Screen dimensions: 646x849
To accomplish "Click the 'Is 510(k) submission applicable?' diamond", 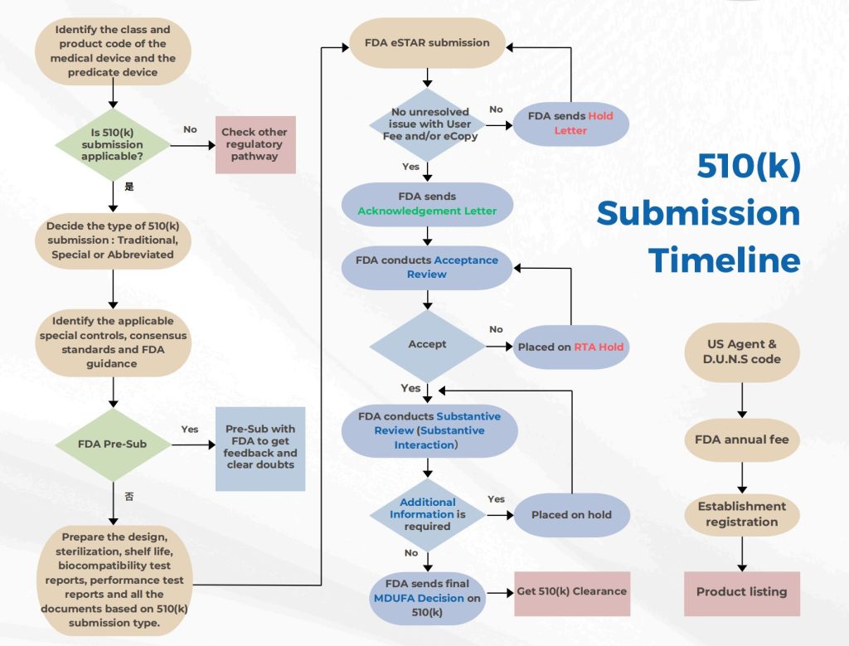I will point(112,145).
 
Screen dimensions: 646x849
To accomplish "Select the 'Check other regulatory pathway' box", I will point(255,144).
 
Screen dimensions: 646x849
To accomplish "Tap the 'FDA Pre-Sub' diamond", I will point(112,444).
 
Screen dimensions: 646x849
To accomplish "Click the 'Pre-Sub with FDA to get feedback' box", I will point(260,447).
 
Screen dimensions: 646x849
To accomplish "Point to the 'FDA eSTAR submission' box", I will point(428,42).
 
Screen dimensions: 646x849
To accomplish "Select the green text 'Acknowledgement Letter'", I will point(427,211).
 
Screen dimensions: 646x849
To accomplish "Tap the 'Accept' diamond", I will point(427,344).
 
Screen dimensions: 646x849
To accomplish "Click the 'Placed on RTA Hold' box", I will point(571,347).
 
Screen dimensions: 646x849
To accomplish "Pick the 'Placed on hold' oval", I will point(571,515).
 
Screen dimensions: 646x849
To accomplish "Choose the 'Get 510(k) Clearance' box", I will point(571,591).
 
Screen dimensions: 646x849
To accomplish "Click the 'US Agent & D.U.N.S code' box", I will point(743,352).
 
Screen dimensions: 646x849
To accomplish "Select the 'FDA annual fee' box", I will point(743,440).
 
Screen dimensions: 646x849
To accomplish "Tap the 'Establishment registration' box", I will point(743,514).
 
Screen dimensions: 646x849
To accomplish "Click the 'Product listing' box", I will point(742,592).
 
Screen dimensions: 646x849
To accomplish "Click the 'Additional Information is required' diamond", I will point(427,514).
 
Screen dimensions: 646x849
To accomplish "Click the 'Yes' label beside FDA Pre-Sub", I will point(190,430).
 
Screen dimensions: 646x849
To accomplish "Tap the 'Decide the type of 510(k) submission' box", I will point(112,240).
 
